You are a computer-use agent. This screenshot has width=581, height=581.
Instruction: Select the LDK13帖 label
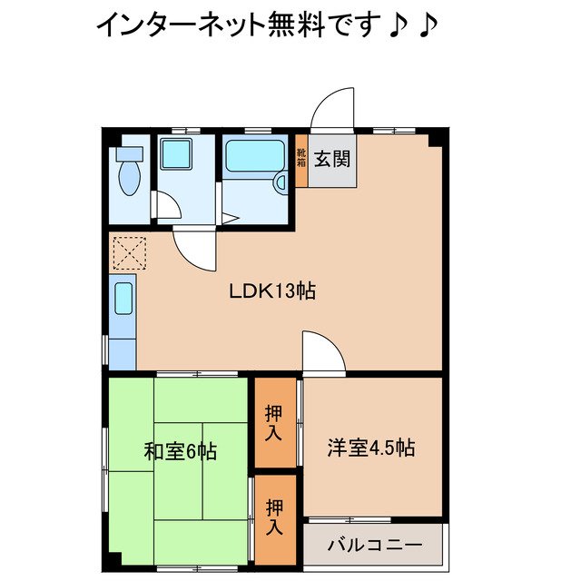tap(259, 292)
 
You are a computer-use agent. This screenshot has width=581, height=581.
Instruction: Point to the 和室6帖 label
tap(179, 450)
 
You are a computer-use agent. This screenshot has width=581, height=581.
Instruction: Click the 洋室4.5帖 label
tap(370, 448)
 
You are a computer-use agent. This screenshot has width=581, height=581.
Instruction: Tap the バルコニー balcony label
tap(373, 547)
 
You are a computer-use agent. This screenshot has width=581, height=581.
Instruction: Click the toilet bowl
tap(128, 172)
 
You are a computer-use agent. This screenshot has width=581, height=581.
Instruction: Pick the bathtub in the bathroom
tap(255, 160)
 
